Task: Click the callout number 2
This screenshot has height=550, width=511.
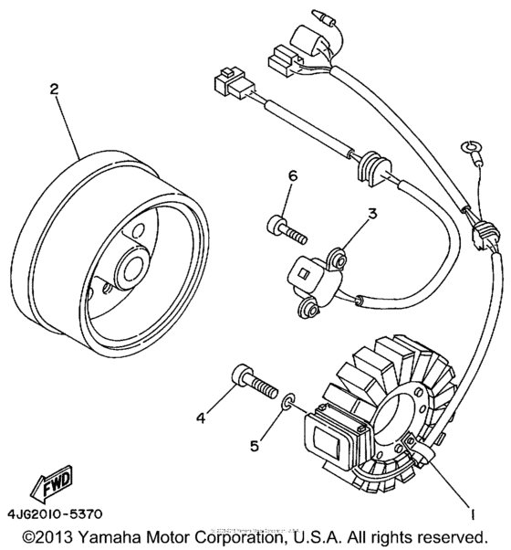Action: (x=54, y=90)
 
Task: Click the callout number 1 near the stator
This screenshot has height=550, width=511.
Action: (x=472, y=513)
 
